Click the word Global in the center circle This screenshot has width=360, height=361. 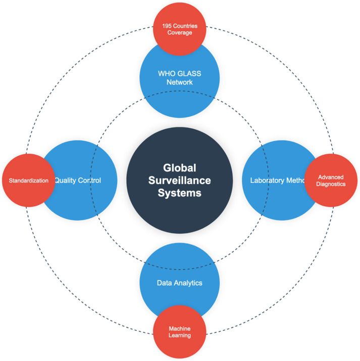(179, 168)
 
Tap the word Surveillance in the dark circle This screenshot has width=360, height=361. (179, 180)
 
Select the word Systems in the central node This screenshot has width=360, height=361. (179, 193)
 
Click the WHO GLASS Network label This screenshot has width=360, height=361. (179, 77)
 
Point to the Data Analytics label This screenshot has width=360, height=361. (179, 283)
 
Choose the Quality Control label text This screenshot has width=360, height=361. (78, 180)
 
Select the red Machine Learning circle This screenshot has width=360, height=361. (179, 332)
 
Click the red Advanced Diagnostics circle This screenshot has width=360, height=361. (331, 180)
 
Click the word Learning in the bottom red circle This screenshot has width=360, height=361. (180, 336)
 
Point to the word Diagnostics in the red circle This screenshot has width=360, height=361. (331, 185)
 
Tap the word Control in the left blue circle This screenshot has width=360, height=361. (90, 180)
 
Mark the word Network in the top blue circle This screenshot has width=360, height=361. (179, 82)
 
